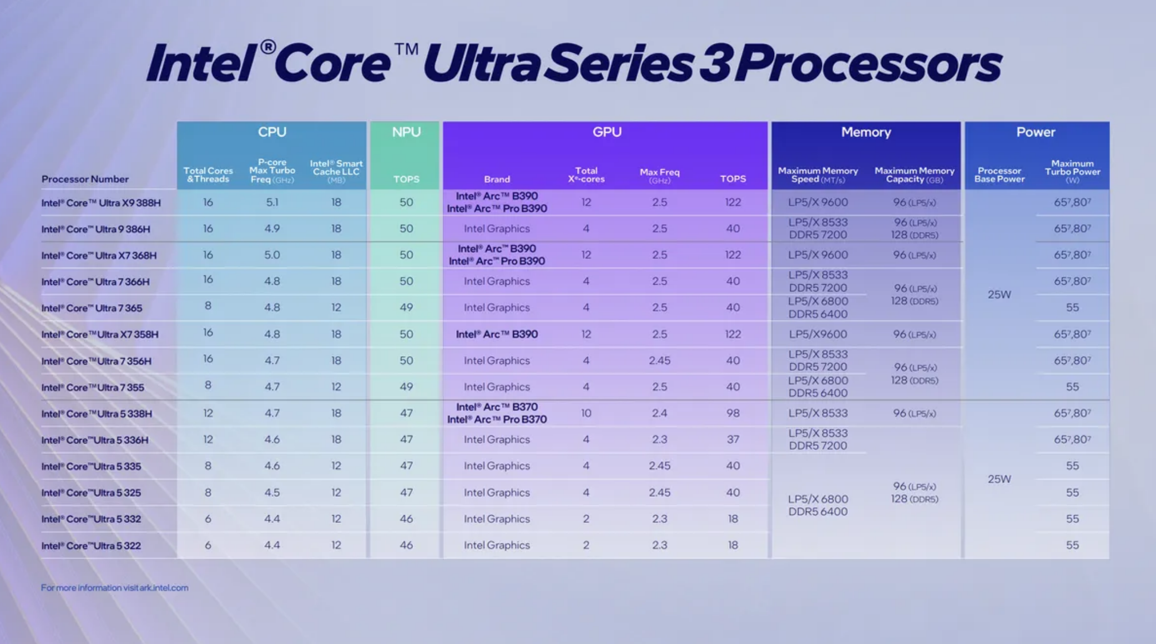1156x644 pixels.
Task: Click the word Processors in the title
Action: click(x=870, y=64)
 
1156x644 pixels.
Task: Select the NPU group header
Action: click(x=406, y=132)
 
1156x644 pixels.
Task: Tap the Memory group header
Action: click(x=866, y=132)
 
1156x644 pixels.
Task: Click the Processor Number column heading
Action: click(x=85, y=179)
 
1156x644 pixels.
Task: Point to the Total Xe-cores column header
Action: click(x=586, y=175)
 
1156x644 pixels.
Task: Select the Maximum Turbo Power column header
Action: click(x=1072, y=171)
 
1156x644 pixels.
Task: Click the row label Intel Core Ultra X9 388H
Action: click(x=101, y=203)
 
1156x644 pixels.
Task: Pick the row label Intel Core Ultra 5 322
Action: click(x=91, y=546)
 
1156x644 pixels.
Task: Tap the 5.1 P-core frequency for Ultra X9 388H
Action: click(x=272, y=202)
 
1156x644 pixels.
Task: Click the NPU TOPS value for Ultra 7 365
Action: click(x=406, y=308)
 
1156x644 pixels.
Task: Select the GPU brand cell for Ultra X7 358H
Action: click(x=497, y=334)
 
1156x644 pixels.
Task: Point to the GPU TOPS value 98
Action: click(x=733, y=413)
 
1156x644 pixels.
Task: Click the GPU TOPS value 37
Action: click(x=733, y=440)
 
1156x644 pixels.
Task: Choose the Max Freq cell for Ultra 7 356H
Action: click(x=659, y=361)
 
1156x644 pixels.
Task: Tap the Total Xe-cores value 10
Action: click(x=586, y=413)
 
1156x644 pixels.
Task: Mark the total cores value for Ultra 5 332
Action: click(x=208, y=519)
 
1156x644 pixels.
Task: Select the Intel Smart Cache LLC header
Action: click(x=336, y=171)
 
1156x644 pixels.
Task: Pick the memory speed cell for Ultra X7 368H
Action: click(x=817, y=255)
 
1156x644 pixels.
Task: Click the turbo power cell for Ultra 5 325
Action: click(x=1072, y=492)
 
